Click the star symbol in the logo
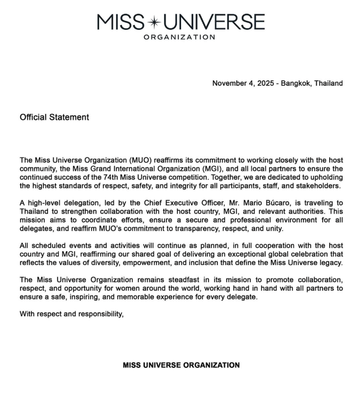click(153, 22)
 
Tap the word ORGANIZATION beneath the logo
click(179, 37)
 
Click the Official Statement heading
click(54, 117)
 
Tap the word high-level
click(46, 203)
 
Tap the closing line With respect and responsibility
click(71, 313)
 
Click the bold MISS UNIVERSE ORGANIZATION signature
click(181, 365)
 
